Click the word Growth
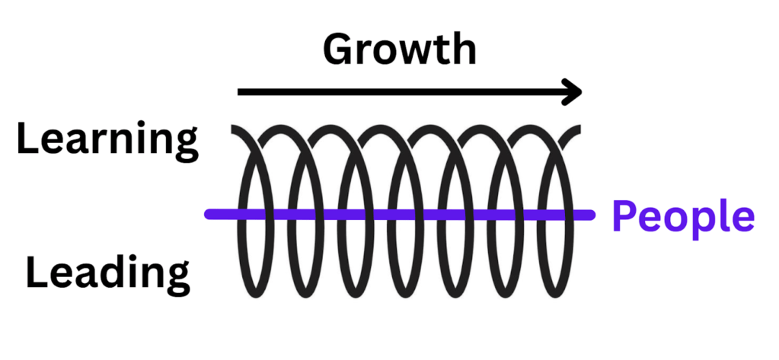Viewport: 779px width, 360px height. click(x=399, y=51)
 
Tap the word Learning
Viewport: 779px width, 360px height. click(x=107, y=142)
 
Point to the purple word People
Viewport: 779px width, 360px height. click(x=683, y=218)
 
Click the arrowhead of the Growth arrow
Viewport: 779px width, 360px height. click(x=573, y=93)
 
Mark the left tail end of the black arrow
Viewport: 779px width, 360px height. click(x=241, y=93)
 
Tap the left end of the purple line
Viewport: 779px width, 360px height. click(x=209, y=215)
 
